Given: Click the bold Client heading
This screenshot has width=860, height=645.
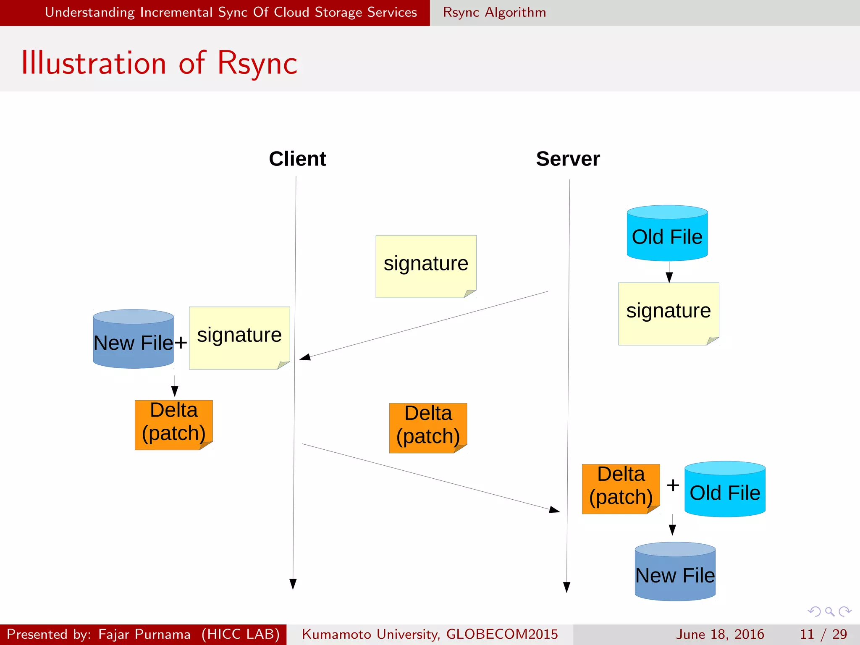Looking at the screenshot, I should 297,159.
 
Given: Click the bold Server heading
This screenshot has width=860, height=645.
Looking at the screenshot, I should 568,159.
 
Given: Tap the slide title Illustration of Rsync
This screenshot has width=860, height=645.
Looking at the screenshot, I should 159,63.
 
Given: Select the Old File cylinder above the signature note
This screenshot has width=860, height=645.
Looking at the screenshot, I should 667,233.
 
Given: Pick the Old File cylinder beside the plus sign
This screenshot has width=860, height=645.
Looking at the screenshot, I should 725,490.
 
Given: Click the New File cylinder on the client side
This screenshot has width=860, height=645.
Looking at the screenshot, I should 133,339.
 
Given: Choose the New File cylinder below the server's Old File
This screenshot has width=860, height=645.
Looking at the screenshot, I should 675,572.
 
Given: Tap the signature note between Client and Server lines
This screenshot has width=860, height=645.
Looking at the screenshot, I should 426,266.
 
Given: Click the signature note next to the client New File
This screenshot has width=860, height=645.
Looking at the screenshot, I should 239,338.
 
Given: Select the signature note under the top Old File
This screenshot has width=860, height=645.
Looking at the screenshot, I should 669,313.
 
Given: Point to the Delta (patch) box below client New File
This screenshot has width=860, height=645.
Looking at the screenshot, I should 173,425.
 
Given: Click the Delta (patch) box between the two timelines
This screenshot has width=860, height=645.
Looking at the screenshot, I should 428,427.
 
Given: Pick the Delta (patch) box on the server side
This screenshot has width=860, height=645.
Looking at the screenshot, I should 621,488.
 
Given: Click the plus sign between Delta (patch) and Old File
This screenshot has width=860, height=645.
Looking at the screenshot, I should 673,485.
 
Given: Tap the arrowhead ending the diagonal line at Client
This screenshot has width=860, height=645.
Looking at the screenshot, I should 305,357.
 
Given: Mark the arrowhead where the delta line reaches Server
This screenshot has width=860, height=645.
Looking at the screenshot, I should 555,510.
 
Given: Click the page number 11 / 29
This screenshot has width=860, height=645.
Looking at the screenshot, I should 823,634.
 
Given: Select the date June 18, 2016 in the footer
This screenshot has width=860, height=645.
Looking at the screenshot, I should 720,634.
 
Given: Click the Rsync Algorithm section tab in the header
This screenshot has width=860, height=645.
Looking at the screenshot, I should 494,13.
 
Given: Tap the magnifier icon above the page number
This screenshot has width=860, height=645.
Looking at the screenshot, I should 829,611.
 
